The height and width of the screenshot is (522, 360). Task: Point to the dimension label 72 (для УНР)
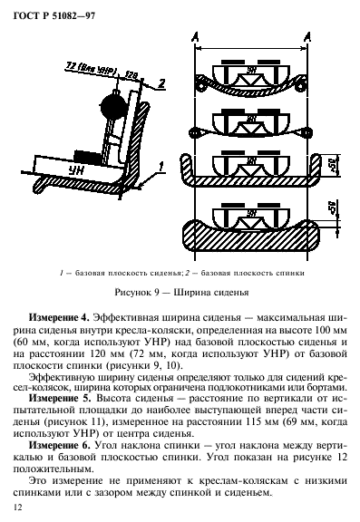(x=89, y=66)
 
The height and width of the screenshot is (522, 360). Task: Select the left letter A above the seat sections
(x=196, y=35)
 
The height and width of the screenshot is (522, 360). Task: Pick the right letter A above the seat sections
(x=309, y=35)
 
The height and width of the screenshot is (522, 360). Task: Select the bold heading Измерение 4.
(x=60, y=317)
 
